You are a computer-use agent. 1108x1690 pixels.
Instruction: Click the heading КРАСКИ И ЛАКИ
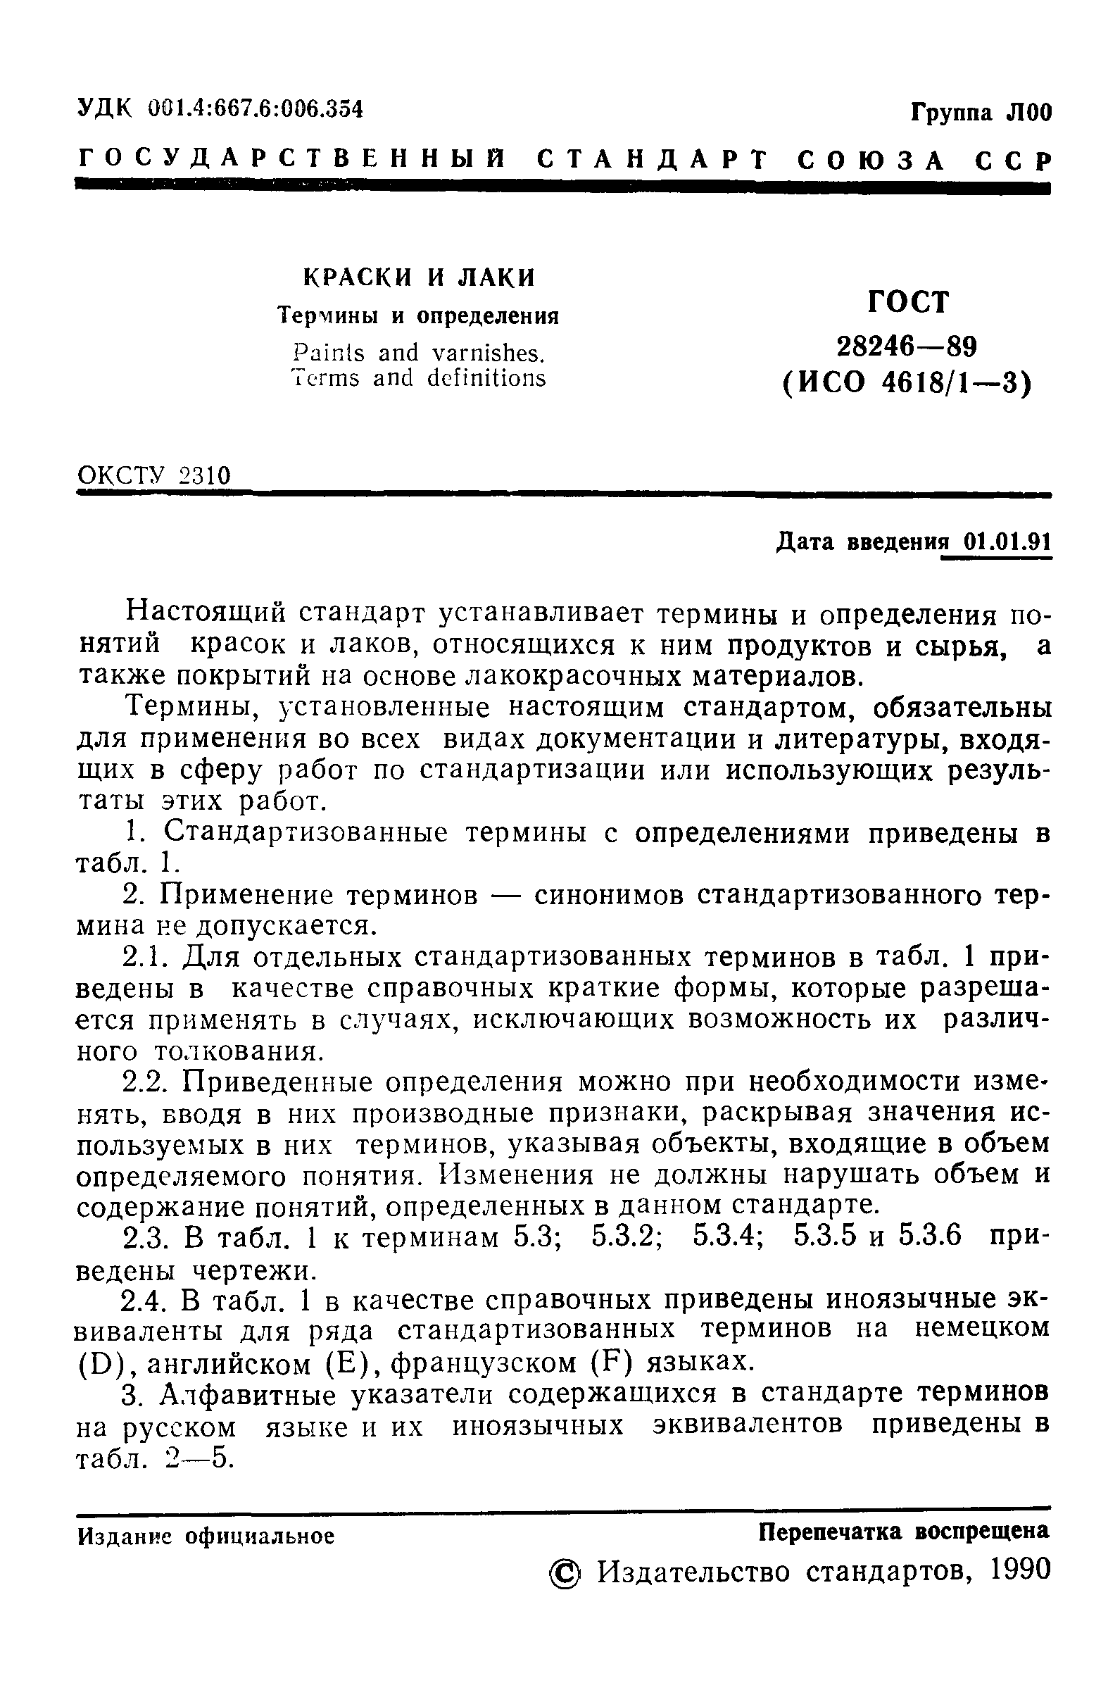419,277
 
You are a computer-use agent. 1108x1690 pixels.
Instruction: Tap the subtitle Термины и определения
418,315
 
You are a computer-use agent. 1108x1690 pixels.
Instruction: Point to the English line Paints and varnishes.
418,353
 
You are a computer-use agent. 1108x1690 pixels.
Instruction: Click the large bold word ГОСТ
907,303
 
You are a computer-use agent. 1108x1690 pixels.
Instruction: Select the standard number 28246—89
907,346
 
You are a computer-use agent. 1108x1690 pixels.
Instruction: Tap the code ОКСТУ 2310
154,475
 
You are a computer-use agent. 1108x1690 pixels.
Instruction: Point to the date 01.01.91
997,542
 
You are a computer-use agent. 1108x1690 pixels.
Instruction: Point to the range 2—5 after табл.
198,1458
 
